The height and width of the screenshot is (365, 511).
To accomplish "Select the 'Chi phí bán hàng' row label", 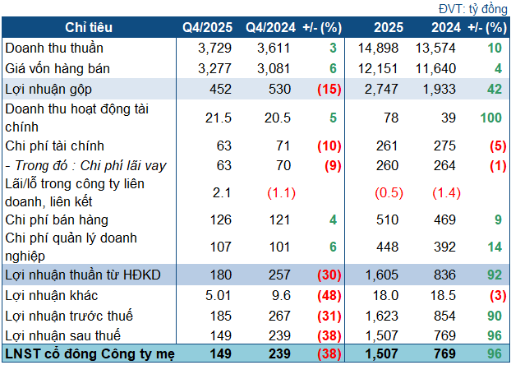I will tap(57, 219).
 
